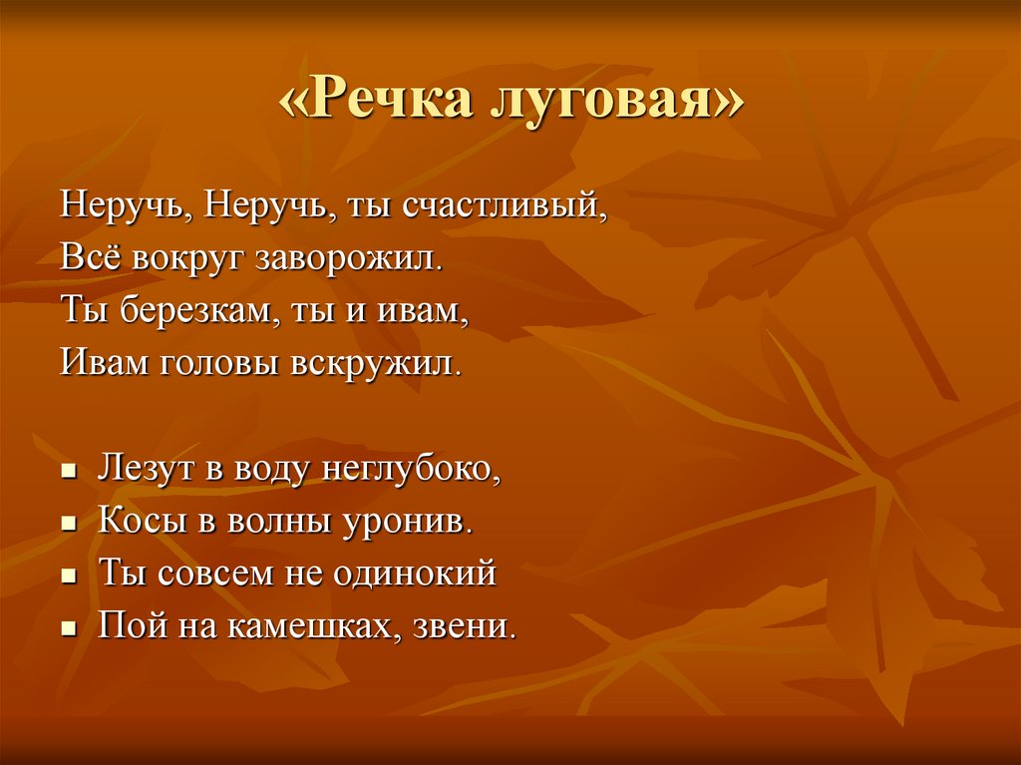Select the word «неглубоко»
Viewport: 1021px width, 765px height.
(409, 469)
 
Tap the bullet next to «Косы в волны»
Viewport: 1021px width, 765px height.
(68, 523)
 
